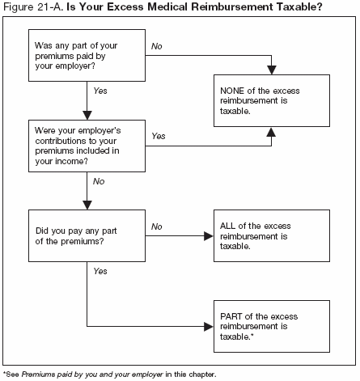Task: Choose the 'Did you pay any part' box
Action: [x=87, y=235]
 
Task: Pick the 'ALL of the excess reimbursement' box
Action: [x=271, y=235]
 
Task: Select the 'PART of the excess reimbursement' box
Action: [x=271, y=327]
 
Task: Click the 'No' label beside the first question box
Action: [x=157, y=48]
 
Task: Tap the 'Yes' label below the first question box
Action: [x=100, y=92]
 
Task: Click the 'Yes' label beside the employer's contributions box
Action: [x=159, y=136]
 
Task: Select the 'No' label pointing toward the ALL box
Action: [x=157, y=228]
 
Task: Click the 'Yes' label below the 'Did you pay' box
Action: [x=100, y=272]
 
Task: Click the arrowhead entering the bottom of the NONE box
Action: [x=271, y=131]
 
